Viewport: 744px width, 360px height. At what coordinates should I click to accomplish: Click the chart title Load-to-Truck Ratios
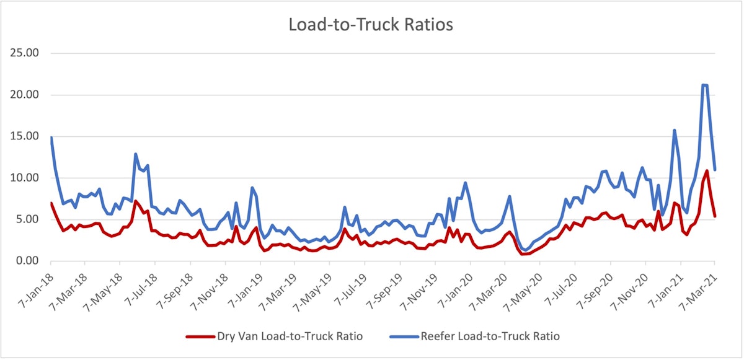pos(371,25)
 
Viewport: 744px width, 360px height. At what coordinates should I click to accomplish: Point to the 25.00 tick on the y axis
pos(26,53)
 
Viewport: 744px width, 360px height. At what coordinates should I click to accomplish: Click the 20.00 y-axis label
pos(26,95)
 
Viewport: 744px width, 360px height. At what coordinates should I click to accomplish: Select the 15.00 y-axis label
pos(26,136)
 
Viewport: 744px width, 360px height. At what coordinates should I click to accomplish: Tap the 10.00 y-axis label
pos(26,178)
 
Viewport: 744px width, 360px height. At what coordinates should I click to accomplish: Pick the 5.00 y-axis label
pos(29,219)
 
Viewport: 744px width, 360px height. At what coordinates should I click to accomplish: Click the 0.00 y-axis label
pos(29,261)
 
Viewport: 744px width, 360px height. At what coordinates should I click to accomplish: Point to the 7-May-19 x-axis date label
pos(317,287)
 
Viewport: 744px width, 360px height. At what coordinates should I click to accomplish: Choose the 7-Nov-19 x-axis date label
pos(424,287)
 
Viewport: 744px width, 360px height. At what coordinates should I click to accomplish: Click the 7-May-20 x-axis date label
pos(529,287)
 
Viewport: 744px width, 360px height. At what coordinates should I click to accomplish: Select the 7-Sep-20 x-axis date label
pos(600,286)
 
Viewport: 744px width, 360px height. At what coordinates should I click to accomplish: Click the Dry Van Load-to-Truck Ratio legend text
pos(290,336)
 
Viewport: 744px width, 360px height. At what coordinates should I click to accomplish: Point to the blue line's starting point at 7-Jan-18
pos(51,138)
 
